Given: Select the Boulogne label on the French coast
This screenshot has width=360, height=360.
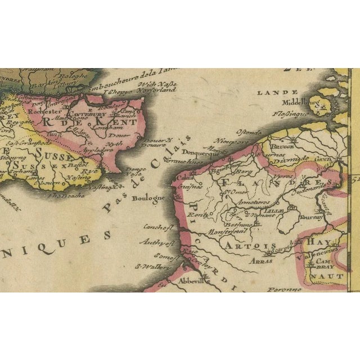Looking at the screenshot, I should [x=148, y=198].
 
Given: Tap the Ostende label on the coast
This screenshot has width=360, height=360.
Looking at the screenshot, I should [x=249, y=131].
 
